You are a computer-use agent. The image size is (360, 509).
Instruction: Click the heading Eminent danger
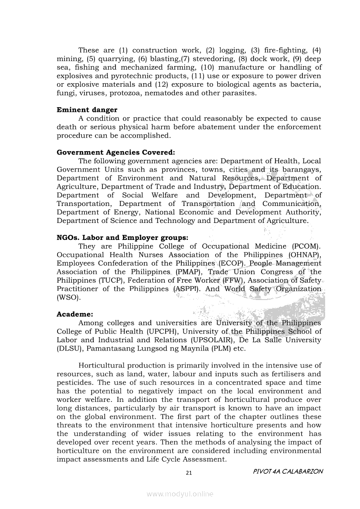coord(87,110)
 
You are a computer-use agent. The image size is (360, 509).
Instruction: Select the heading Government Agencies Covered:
coord(115,152)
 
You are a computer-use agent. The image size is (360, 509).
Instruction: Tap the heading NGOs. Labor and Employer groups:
coord(122,238)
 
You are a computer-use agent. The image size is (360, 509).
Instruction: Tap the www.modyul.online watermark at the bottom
coord(180,494)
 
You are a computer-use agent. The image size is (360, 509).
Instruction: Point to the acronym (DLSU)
coord(70,348)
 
